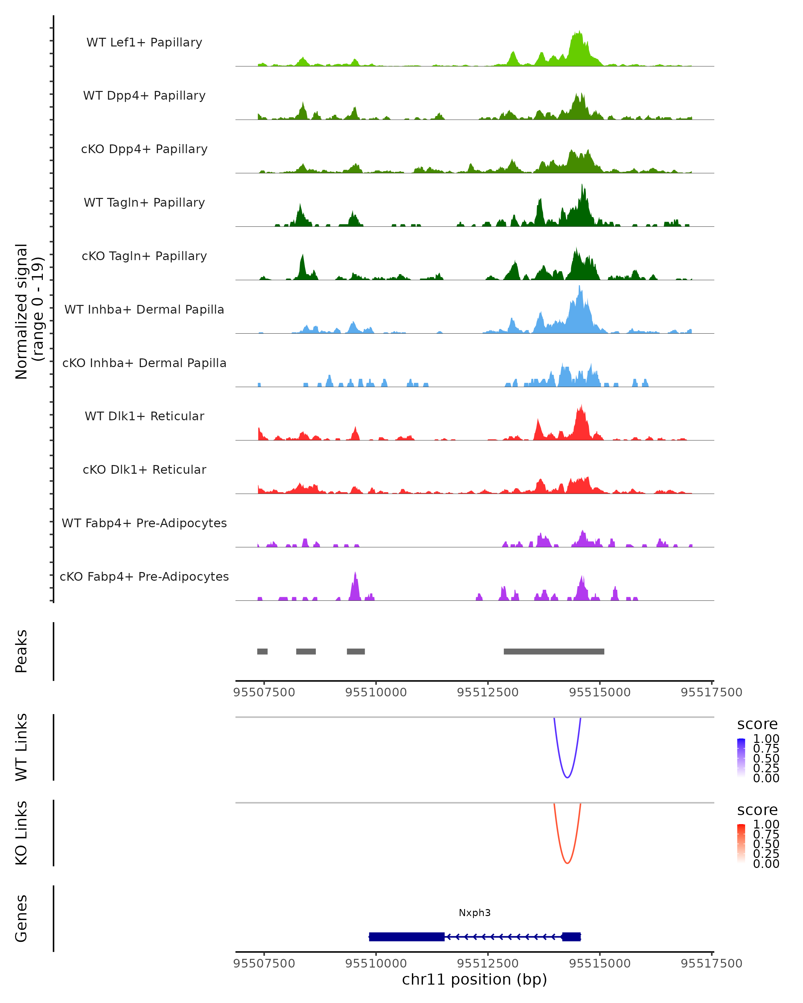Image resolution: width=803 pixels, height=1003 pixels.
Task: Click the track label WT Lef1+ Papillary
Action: tap(144, 42)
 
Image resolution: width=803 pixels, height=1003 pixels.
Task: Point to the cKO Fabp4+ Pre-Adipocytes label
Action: tap(144, 576)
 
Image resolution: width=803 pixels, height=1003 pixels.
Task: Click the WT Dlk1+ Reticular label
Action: tap(144, 416)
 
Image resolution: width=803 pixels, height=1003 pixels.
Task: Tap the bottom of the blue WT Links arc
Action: tap(567, 777)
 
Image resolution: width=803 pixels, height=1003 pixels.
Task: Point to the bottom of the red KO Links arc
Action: tap(567, 863)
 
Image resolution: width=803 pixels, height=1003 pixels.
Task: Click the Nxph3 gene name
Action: tap(474, 913)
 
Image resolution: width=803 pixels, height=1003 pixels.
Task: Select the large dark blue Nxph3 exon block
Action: tap(407, 936)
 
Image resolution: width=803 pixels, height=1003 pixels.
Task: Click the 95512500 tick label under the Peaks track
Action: tap(487, 692)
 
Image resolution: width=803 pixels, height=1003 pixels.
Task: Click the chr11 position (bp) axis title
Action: tap(474, 980)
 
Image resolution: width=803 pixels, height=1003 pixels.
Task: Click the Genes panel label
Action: tap(21, 918)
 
